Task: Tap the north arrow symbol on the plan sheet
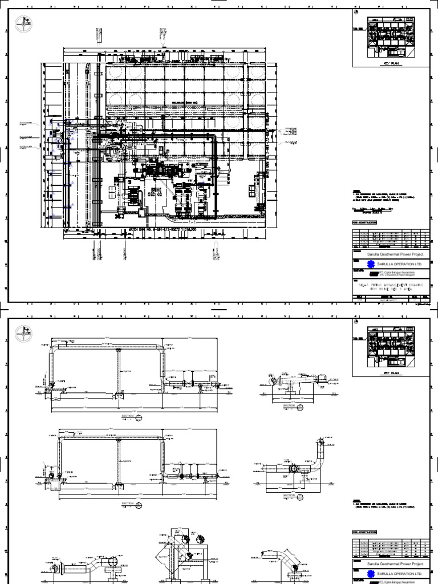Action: click(23, 25)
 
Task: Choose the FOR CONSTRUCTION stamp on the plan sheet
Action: click(365, 222)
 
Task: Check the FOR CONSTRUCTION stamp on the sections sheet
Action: click(365, 531)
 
